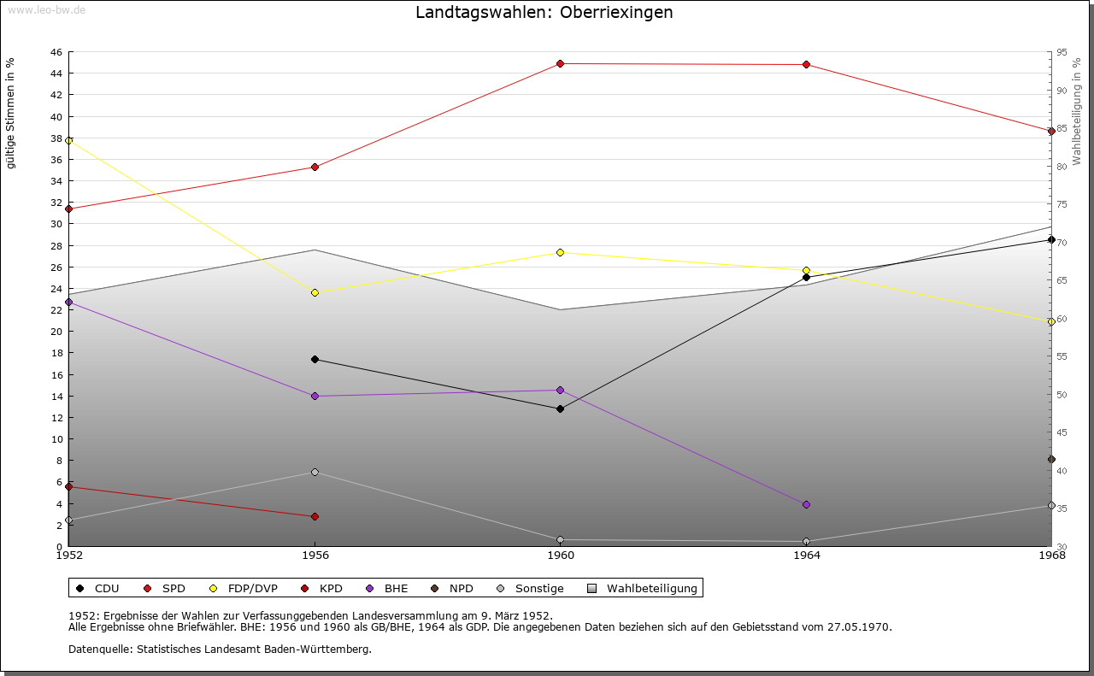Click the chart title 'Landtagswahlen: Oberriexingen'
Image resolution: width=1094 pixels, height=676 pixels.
(544, 13)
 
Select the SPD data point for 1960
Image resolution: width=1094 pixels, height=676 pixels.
(561, 63)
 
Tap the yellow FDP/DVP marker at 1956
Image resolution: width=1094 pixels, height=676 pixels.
(315, 292)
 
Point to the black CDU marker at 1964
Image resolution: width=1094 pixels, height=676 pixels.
(806, 277)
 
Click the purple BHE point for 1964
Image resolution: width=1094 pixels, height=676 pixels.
(806, 504)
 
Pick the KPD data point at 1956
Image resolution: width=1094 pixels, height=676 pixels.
(315, 516)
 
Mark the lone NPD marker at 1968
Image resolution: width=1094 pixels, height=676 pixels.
(1051, 459)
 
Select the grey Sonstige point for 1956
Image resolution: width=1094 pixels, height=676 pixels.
(315, 472)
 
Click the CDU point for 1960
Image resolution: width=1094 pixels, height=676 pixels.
(561, 409)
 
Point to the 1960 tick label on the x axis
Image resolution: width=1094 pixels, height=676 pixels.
(561, 555)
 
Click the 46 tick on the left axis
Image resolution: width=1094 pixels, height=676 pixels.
(56, 52)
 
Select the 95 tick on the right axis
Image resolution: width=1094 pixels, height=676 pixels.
(1062, 52)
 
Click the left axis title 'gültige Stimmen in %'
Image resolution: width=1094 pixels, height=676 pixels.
(11, 113)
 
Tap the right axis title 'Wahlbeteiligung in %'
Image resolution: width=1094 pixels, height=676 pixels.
(1077, 111)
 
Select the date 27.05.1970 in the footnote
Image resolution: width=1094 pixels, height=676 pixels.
(859, 626)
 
